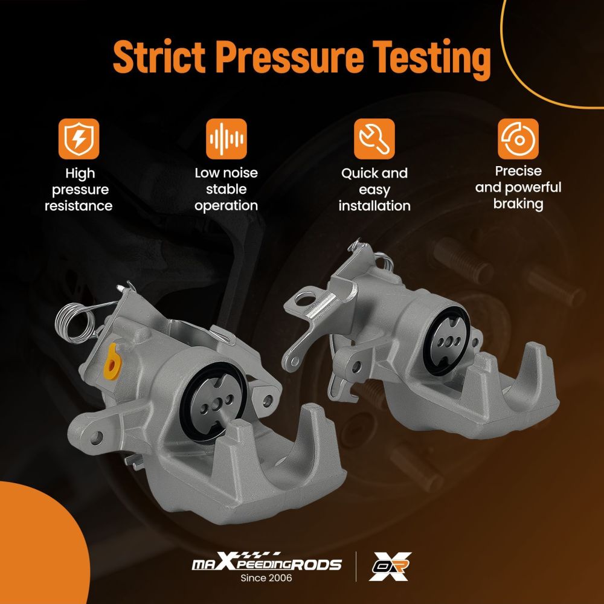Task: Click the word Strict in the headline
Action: click(159, 57)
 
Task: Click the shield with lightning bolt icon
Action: click(79, 139)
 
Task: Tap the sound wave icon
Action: click(226, 139)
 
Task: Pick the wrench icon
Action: click(374, 139)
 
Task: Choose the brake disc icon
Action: click(518, 139)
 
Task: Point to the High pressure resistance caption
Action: click(79, 190)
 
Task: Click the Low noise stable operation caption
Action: click(226, 189)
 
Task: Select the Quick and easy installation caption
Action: click(374, 190)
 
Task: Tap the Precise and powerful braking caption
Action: click(518, 187)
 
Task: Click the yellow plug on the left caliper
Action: click(112, 362)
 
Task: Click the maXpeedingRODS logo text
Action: click(266, 563)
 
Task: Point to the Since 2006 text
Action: click(266, 578)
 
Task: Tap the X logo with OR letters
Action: click(390, 567)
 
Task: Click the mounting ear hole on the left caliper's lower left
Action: click(96, 438)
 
